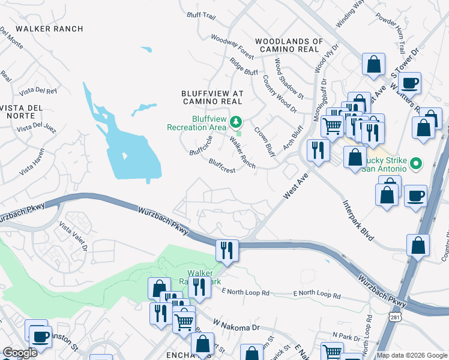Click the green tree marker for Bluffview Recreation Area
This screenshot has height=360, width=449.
[x=236, y=122]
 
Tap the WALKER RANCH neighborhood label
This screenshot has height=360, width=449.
[x=49, y=29]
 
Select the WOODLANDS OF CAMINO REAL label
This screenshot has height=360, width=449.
[x=289, y=45]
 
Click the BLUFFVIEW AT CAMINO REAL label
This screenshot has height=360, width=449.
[x=212, y=98]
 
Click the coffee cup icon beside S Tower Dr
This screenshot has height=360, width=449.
[x=409, y=83]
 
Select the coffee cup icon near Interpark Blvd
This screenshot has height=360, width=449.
[x=415, y=196]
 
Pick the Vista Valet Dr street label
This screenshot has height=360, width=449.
[x=73, y=236]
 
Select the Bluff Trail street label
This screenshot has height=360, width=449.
[x=200, y=15]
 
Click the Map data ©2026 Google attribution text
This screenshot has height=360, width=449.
[x=412, y=355]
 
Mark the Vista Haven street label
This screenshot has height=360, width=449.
[x=32, y=161]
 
